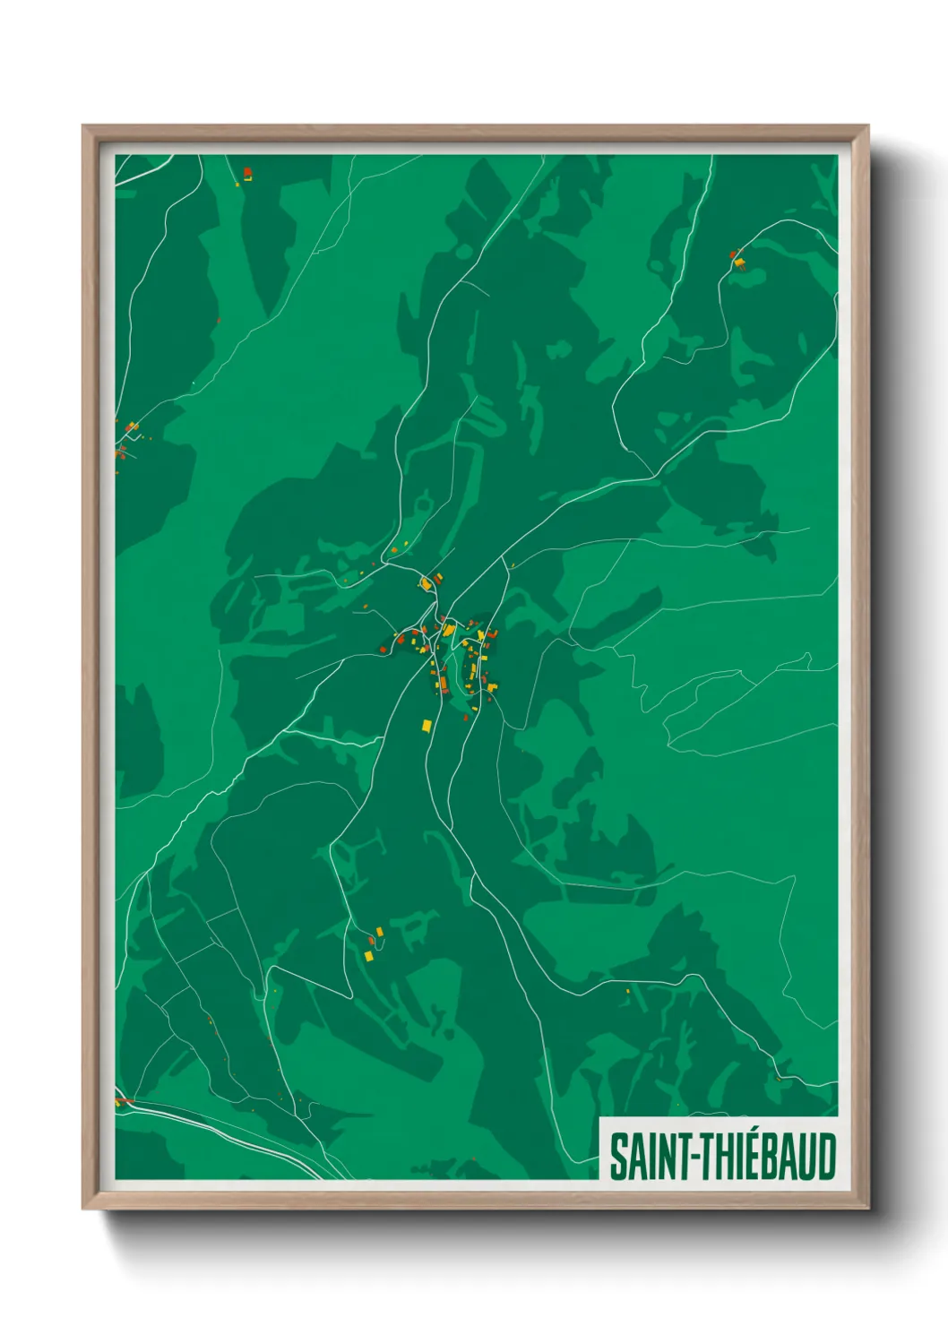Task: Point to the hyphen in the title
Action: point(686,1158)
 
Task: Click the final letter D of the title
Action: point(827,1156)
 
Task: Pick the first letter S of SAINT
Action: point(617,1156)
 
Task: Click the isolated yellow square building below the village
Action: point(427,724)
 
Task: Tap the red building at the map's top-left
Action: point(247,172)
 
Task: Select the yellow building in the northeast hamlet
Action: point(740,263)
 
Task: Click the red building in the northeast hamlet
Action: point(734,254)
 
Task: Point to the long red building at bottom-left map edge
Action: point(125,1099)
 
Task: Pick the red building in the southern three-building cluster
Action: point(371,940)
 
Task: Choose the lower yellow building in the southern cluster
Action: point(368,956)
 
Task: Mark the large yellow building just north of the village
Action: point(426,584)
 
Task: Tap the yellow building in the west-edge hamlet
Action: point(133,426)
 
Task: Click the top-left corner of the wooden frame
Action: point(83,126)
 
